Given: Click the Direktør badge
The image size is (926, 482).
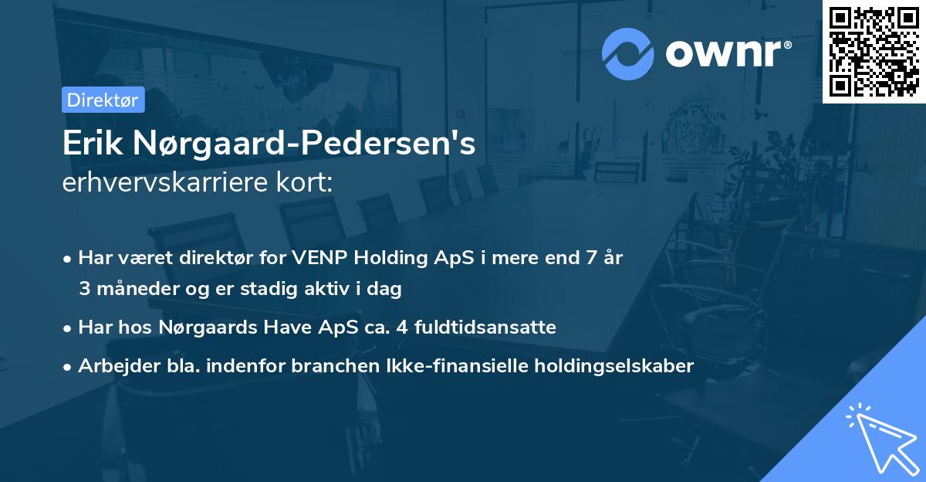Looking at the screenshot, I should tap(103, 100).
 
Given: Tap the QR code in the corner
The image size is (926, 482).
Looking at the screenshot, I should tap(874, 52).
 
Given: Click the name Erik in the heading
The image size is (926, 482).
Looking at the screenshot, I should tap(95, 144).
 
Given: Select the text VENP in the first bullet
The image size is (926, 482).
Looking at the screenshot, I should tap(318, 258).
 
